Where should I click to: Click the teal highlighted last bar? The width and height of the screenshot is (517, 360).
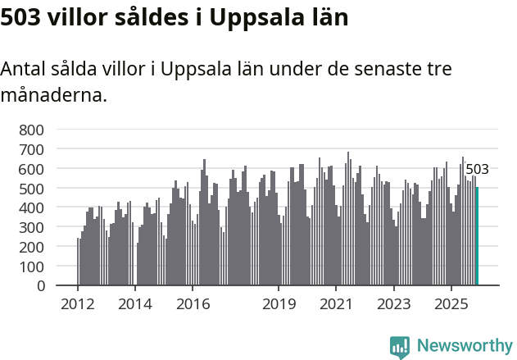point(477,236)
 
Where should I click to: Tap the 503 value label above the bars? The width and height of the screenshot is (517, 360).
point(477,170)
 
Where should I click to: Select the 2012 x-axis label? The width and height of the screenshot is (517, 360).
point(78,304)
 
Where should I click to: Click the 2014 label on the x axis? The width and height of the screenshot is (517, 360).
point(135,304)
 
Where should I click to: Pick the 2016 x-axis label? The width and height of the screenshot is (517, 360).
point(193,304)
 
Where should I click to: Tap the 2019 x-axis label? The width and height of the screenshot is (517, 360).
point(279,304)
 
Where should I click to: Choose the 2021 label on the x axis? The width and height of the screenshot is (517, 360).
point(336,304)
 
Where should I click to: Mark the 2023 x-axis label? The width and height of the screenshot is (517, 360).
point(393,304)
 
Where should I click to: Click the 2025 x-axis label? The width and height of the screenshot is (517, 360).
point(451,304)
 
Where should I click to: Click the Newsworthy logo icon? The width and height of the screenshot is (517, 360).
point(400,347)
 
